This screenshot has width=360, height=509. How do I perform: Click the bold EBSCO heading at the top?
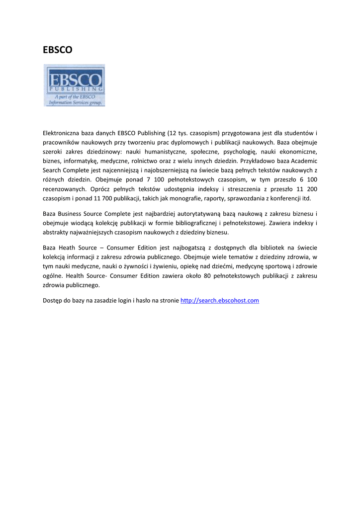pyautogui.click(x=57, y=50)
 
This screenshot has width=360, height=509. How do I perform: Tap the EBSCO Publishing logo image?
pyautogui.click(x=75, y=85)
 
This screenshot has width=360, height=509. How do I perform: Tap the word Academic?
pyautogui.click(x=304, y=161)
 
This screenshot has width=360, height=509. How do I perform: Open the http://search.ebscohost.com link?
pyautogui.click(x=219, y=301)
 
